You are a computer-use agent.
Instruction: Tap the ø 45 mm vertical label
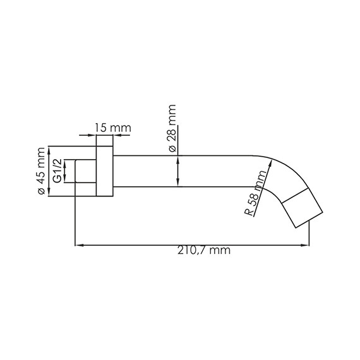[x=42, y=172]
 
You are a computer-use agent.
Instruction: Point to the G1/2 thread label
[x=57, y=172]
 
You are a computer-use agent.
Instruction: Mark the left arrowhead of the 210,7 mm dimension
[x=78, y=244]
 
